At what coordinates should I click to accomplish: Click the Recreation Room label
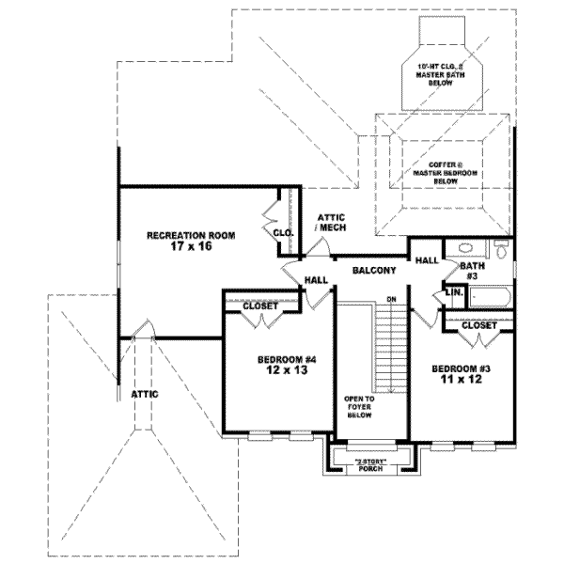point(190,235)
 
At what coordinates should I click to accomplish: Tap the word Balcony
point(373,271)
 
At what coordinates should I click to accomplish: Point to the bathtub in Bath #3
point(489,299)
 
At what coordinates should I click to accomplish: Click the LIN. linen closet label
point(452,293)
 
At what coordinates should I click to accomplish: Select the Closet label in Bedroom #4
point(259,306)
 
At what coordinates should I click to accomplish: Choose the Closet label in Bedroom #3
point(478,325)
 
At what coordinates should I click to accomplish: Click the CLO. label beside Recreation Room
point(282,232)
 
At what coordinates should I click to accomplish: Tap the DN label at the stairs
point(392,300)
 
